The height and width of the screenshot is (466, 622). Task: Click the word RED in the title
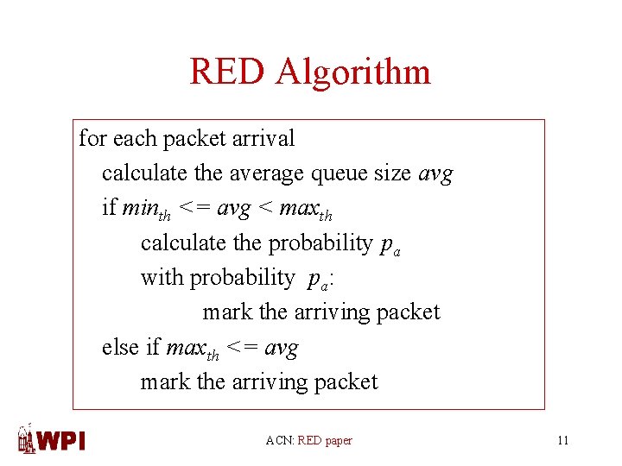[228, 71]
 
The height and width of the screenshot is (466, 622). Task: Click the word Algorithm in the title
[353, 72]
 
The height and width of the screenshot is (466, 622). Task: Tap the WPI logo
[52, 439]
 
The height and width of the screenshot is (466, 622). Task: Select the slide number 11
[563, 441]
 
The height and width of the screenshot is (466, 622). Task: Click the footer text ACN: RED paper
[309, 441]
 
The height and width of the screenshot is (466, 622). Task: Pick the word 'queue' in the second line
[341, 173]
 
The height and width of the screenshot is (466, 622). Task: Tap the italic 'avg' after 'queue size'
[435, 174]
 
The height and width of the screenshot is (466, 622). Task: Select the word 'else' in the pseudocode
[120, 347]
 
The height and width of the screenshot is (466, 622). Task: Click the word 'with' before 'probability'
[162, 278]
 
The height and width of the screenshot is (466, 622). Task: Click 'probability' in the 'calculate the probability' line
[321, 243]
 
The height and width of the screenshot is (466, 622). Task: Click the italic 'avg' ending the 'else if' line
[281, 348]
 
